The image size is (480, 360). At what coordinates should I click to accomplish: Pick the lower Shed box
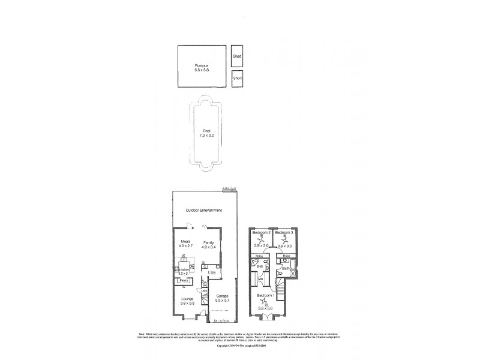237,79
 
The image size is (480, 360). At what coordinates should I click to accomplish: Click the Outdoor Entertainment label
204,210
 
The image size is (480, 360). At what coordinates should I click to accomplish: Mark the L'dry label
212,273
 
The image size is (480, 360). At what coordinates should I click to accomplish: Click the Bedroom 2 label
262,232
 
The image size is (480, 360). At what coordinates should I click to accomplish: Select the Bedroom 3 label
284,232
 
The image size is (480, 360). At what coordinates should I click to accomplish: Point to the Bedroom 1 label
265,296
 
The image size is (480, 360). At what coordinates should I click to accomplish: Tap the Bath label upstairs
286,268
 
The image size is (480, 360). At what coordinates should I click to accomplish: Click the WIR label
260,280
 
